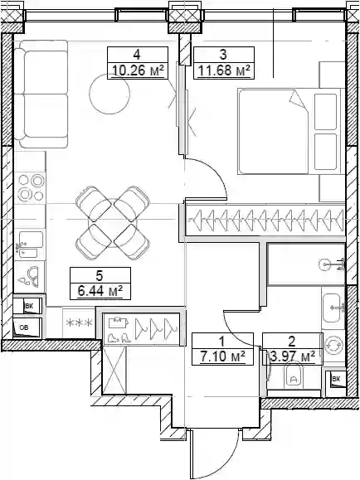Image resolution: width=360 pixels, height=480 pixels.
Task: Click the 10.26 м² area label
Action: tap(136, 71)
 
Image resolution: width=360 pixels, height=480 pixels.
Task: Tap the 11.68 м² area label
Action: tap(224, 70)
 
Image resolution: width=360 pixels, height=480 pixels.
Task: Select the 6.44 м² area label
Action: tap(100, 291)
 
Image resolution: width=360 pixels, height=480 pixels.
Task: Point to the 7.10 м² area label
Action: tap(223, 356)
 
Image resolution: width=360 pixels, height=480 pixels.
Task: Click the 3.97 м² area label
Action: tap(293, 356)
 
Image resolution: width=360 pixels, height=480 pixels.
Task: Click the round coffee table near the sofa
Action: tap(109, 94)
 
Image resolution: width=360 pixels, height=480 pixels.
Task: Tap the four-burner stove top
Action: tap(31, 187)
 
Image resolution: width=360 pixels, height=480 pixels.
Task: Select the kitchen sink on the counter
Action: tap(30, 245)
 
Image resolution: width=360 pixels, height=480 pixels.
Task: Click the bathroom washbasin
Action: tap(332, 308)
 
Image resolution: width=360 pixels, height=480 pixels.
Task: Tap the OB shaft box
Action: tap(27, 327)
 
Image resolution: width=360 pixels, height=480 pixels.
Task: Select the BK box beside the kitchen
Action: tap(27, 306)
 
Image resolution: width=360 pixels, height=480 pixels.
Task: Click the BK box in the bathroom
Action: tap(335, 380)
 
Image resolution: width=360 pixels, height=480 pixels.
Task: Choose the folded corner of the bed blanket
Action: tap(297, 99)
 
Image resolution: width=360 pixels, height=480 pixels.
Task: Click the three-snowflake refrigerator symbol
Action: tap(80, 322)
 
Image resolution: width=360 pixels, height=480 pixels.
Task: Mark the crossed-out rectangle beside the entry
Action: tap(114, 370)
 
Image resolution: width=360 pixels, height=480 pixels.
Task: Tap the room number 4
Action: tap(137, 55)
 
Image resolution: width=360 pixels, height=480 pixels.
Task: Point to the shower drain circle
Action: tap(325, 264)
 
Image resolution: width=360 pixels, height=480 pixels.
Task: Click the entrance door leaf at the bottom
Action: tap(191, 454)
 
